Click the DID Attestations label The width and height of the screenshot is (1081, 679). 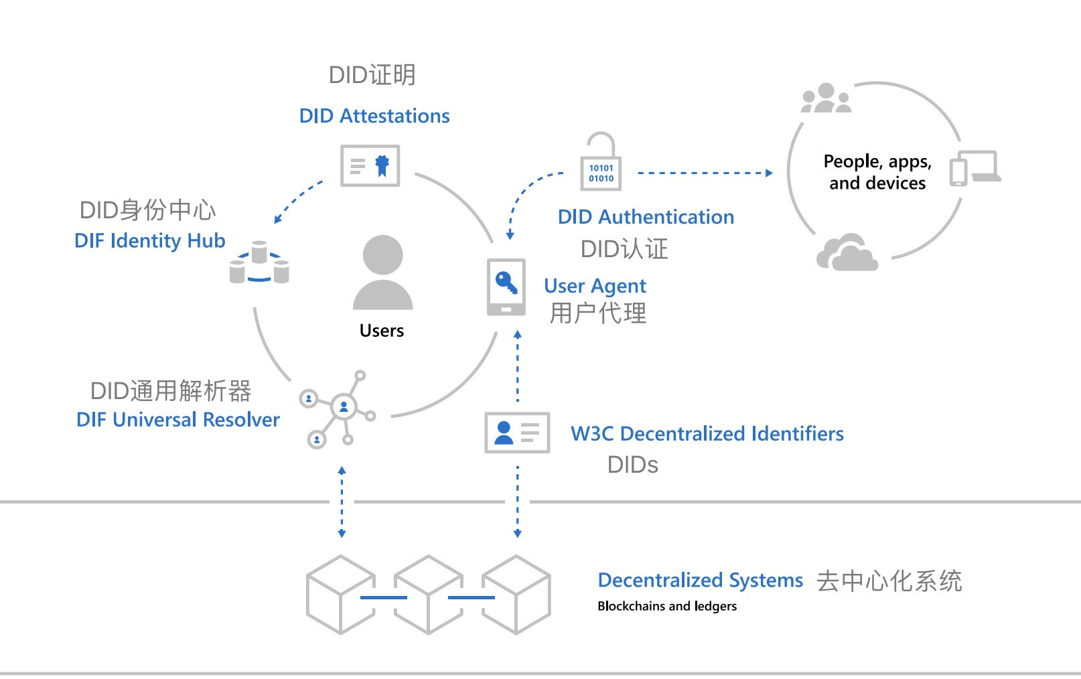click(374, 116)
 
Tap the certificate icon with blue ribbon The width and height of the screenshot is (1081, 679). click(370, 165)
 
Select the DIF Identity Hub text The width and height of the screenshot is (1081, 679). click(149, 240)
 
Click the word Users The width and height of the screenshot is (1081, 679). click(382, 331)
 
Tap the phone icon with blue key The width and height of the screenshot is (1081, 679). click(506, 287)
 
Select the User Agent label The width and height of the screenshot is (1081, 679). click(595, 286)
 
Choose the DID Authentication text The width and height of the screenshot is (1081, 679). click(646, 217)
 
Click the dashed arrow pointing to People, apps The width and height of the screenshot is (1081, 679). click(703, 173)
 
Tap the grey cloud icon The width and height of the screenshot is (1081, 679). click(847, 253)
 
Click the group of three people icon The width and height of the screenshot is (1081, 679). click(826, 98)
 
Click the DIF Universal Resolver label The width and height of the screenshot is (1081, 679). click(177, 420)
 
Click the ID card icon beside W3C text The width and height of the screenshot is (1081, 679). click(517, 433)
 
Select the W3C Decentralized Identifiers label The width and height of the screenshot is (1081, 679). click(707, 434)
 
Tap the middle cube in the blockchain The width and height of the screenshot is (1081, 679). click(428, 595)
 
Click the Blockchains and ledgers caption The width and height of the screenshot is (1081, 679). click(666, 606)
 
